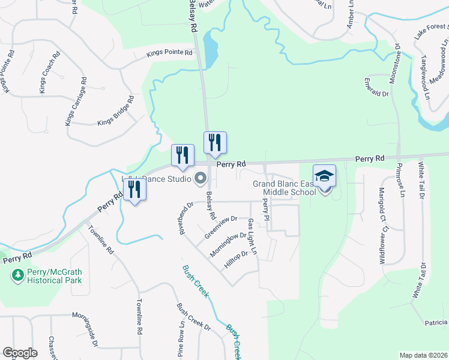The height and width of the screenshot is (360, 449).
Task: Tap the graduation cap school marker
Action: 324,176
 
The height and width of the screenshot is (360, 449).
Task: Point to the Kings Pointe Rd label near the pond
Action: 170,53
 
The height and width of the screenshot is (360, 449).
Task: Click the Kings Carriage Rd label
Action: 75,101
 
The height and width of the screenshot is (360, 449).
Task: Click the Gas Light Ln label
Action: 253,235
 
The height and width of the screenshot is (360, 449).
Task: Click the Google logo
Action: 20,353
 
